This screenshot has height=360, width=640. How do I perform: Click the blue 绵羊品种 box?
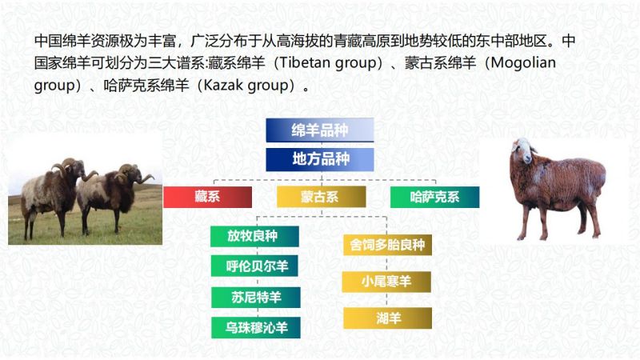pyautogui.click(x=319, y=130)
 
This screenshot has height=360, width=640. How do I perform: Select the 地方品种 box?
pyautogui.click(x=319, y=159)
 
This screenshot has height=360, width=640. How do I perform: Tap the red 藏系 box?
pyautogui.click(x=207, y=197)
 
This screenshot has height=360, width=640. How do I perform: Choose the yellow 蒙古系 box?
pyautogui.click(x=321, y=197)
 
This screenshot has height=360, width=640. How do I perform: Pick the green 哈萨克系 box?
pyautogui.click(x=434, y=197)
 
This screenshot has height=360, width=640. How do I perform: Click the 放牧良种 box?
pyautogui.click(x=254, y=236)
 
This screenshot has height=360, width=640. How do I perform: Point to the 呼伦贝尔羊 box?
pyautogui.click(x=254, y=266)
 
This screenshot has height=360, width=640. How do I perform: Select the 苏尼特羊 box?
pyautogui.click(x=255, y=297)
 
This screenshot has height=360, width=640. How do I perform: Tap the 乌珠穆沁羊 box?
pyautogui.click(x=255, y=328)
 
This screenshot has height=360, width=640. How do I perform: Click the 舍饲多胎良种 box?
pyautogui.click(x=387, y=245)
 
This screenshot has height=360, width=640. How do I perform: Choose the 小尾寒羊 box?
pyautogui.click(x=386, y=282)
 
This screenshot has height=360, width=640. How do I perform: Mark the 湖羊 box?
pyautogui.click(x=387, y=318)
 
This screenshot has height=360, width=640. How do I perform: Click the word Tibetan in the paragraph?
pyautogui.click(x=306, y=63)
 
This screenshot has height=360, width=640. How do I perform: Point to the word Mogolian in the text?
pyautogui.click(x=523, y=63)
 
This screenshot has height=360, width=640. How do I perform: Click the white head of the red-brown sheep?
pyautogui.click(x=523, y=150)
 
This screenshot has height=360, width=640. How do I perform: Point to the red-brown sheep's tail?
pyautogui.click(x=600, y=178)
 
